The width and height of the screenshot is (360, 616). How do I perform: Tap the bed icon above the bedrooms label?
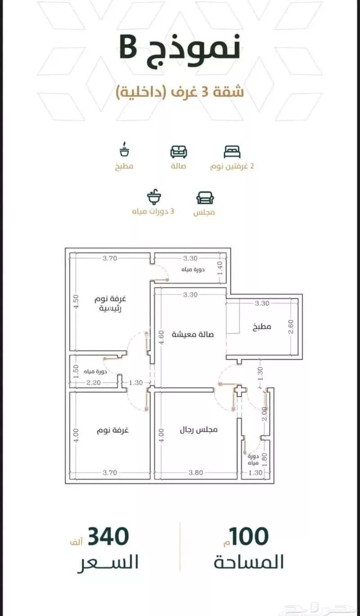[232, 152]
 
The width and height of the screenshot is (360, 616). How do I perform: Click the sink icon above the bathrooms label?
[154, 197]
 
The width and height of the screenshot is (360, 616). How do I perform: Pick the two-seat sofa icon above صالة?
[179, 152]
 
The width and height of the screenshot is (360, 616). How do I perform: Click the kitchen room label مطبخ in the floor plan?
[261, 326]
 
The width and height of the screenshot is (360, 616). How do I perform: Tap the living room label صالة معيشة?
[193, 335]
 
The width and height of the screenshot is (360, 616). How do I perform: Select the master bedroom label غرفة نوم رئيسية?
[110, 303]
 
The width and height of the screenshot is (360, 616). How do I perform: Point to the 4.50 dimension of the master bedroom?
[76, 302]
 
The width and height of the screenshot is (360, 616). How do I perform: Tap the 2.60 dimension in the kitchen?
[291, 326]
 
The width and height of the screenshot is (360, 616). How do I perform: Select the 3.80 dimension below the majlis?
[196, 472]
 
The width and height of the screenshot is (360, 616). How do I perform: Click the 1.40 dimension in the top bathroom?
[220, 268]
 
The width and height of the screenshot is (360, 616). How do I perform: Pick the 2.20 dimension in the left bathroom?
[94, 383]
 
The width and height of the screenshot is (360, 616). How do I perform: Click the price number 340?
[108, 536]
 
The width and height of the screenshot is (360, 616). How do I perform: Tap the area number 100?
[249, 536]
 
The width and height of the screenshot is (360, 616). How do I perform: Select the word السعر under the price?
[108, 563]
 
